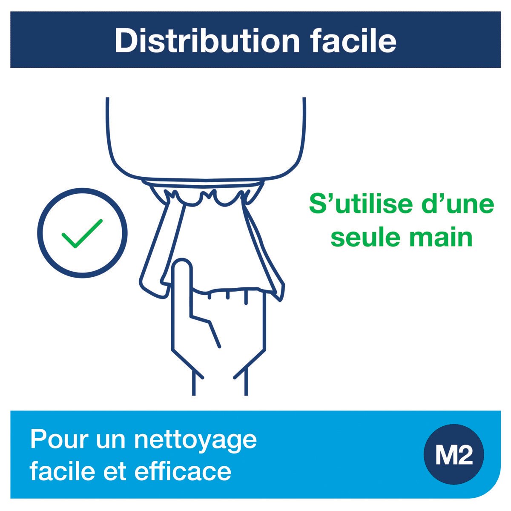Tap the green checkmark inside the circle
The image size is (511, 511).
point(82,233)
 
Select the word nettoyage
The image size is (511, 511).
point(195,441)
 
